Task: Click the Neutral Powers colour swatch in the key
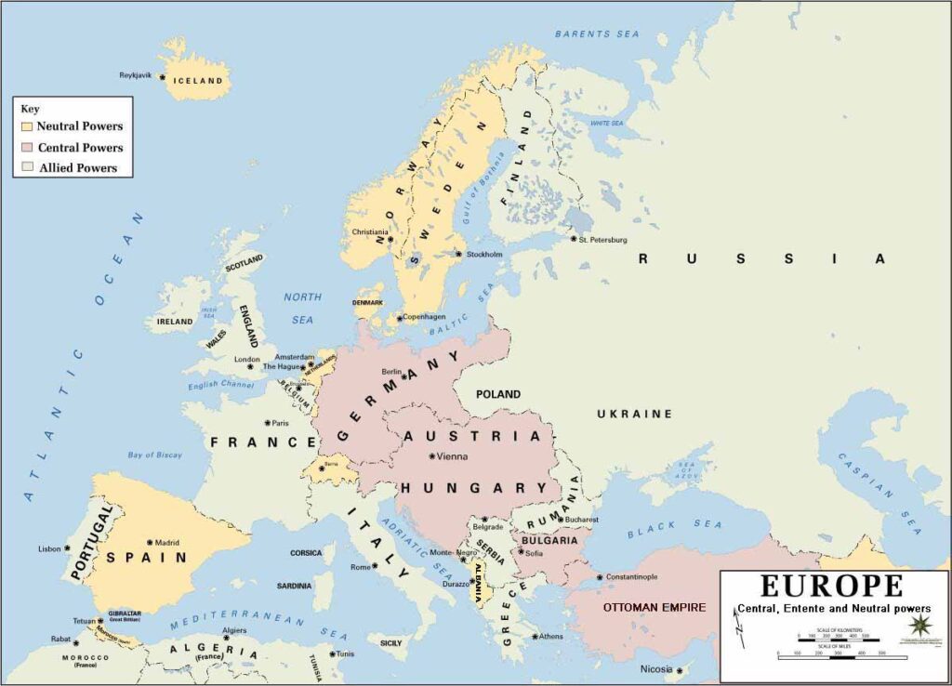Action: click(28, 126)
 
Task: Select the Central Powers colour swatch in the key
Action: click(28, 148)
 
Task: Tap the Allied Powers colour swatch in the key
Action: click(28, 168)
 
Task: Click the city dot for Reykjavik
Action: click(162, 77)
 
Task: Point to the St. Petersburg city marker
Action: click(573, 238)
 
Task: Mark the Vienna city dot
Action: click(431, 455)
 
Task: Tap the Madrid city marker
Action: click(150, 542)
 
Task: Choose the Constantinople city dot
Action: click(600, 577)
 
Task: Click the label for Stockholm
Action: click(484, 255)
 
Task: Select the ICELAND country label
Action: click(200, 81)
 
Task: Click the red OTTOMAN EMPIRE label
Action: click(654, 607)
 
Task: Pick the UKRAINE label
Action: click(634, 414)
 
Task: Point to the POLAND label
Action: click(498, 394)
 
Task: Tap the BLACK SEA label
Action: click(663, 530)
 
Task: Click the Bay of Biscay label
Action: click(155, 455)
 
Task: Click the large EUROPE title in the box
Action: click(832, 586)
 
